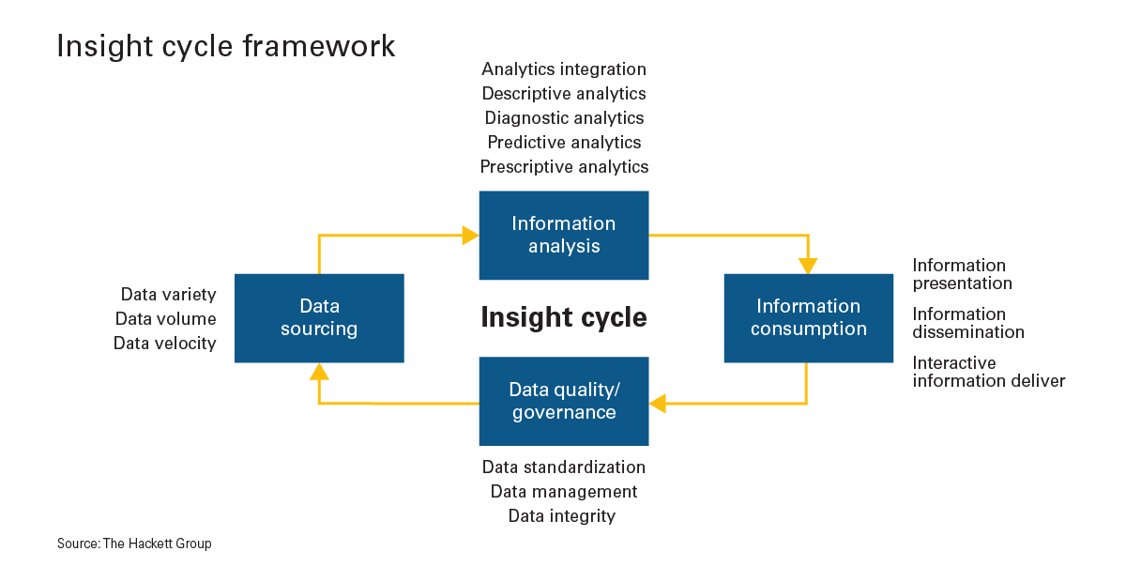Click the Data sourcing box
pyautogui.click(x=319, y=318)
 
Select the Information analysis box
pyautogui.click(x=563, y=235)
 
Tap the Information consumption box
pyautogui.click(x=808, y=318)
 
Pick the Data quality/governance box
pyautogui.click(x=563, y=401)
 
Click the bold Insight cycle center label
pyautogui.click(x=563, y=317)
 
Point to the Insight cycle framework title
pyautogui.click(x=226, y=46)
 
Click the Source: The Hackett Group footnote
pyautogui.click(x=134, y=544)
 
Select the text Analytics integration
pyautogui.click(x=563, y=69)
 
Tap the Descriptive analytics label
pyautogui.click(x=563, y=94)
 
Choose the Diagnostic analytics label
pyautogui.click(x=563, y=118)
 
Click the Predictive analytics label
pyautogui.click(x=563, y=143)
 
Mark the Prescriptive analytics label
pyautogui.click(x=563, y=167)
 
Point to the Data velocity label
pyautogui.click(x=164, y=344)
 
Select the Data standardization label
pyautogui.click(x=563, y=467)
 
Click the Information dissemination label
pyautogui.click(x=967, y=323)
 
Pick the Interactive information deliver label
pyautogui.click(x=988, y=372)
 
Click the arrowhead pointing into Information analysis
pyautogui.click(x=470, y=235)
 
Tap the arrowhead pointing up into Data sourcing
pyautogui.click(x=319, y=372)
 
